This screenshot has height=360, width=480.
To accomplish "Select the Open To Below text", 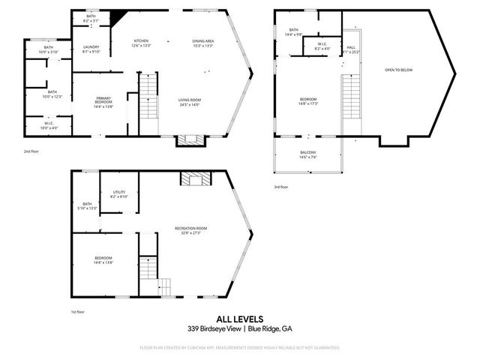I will point(398,70).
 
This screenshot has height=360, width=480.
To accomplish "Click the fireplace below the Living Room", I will point(188,139).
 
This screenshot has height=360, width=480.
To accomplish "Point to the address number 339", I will point(193,328).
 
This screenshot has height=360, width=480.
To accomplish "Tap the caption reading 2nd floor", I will point(31,151).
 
